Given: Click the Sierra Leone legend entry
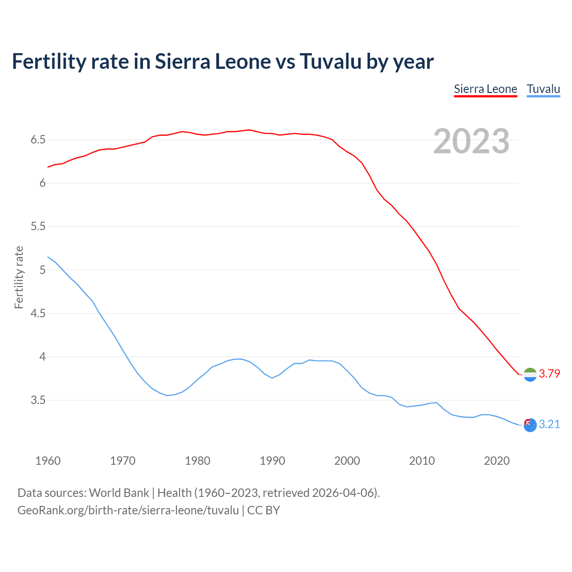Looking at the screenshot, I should (485, 89).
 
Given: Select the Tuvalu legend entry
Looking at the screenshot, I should (543, 89).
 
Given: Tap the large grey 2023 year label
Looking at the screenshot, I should (471, 141).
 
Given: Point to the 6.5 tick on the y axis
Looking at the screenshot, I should (38, 140).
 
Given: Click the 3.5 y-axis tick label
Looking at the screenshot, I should (38, 400).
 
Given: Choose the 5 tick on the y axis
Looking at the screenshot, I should (42, 270).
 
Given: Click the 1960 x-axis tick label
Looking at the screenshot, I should (48, 461).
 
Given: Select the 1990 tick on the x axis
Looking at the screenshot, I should (272, 461).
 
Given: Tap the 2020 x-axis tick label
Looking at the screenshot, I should (496, 461).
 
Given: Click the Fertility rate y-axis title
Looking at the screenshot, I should (19, 277).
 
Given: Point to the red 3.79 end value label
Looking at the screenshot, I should (549, 374).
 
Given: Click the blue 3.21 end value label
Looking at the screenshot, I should (549, 425).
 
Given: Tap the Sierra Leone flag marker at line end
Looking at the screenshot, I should (530, 374).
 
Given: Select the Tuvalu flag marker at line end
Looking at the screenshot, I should (530, 425).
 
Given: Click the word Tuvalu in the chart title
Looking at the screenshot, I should (330, 62).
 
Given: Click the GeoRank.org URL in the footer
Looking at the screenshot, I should (128, 510).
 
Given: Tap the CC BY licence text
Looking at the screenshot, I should (264, 510).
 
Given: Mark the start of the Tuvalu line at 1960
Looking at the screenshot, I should (48, 257).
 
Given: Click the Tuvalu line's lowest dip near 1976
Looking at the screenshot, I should (167, 395).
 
